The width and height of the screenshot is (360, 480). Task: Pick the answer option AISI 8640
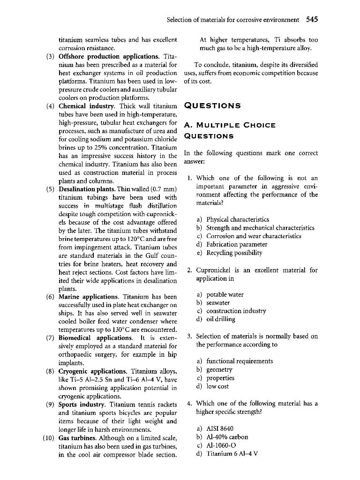219,428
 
